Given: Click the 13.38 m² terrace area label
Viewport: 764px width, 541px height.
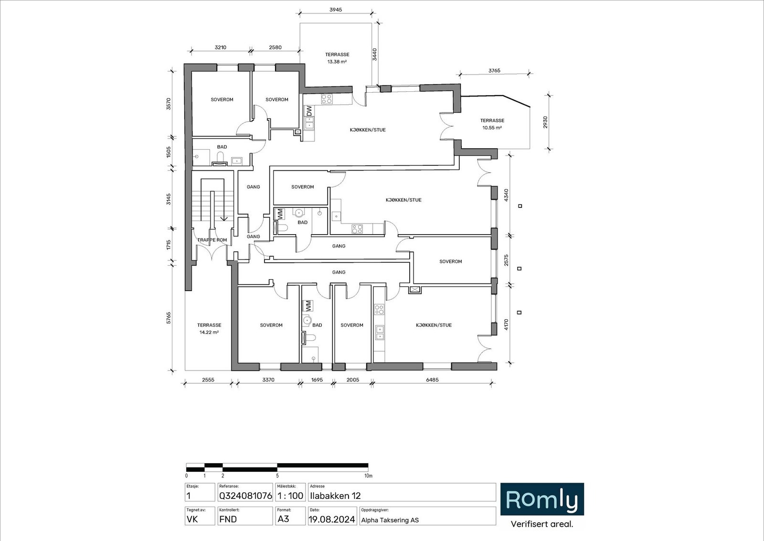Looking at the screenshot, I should pos(337,62).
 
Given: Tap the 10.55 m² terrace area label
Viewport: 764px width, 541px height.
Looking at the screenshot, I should pos(492,128).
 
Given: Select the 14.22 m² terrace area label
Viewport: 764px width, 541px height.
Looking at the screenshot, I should pos(209,332).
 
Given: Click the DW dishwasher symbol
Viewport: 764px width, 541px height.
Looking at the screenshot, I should pos(309,110).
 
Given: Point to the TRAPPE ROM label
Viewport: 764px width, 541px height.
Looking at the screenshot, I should pos(212,240).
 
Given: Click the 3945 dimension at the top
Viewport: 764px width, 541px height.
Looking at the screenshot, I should pos(336,10).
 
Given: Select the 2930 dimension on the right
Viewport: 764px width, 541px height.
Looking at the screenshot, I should pos(545,122).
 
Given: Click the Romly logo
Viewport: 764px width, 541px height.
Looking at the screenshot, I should pos(542,499).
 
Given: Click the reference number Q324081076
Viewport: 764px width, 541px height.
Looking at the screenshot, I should pos(245,496).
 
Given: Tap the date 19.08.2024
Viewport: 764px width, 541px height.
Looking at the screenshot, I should pos(331,519).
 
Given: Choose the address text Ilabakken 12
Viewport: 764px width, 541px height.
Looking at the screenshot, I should pos(335,496).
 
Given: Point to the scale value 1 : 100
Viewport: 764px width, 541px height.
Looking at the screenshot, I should pos(290,496).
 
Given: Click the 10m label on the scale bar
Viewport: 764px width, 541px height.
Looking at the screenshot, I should pos(368,476).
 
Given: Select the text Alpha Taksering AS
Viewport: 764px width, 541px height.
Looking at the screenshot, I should pos(390,520).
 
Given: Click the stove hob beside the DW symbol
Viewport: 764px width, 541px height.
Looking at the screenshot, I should pos(327,99).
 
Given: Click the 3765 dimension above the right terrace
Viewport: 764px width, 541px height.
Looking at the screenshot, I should pos(494,71).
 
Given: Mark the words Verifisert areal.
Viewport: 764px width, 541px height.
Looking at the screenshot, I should pos(542,524).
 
